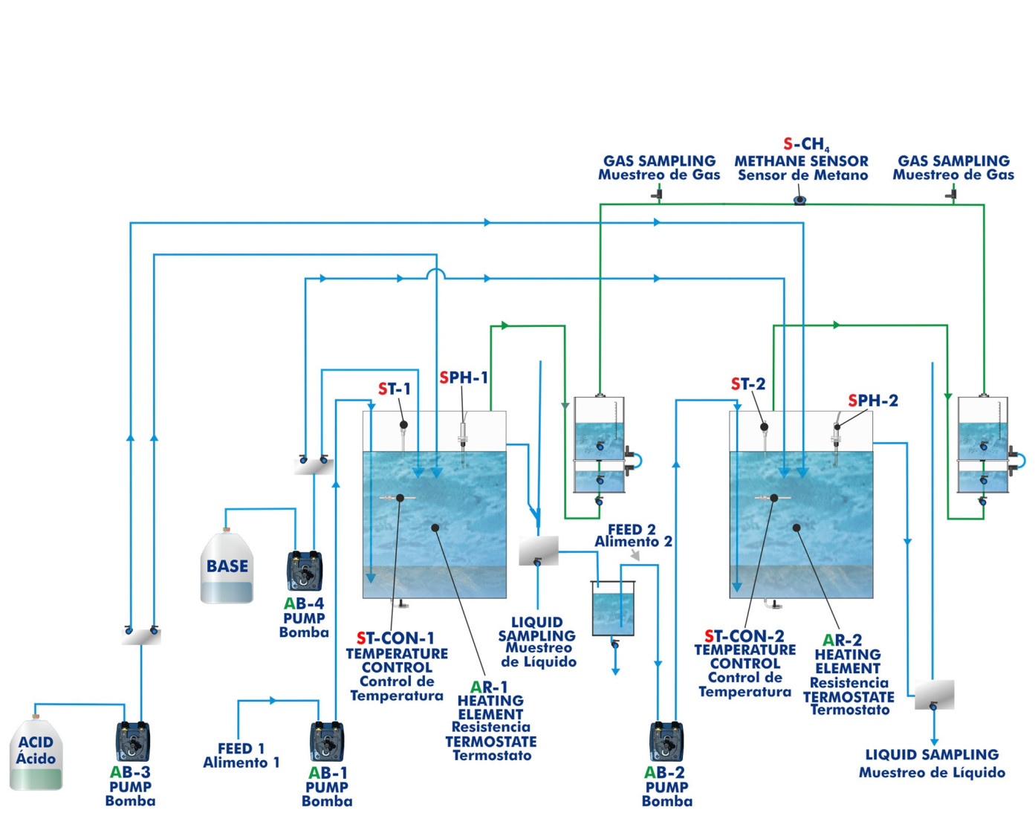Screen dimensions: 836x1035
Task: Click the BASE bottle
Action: click(x=227, y=568)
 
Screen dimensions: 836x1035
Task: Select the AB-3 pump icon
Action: click(x=133, y=742)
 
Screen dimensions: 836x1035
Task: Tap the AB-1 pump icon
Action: click(x=327, y=742)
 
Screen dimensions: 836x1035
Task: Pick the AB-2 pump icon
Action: click(x=666, y=742)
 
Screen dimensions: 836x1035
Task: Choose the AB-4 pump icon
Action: click(x=305, y=571)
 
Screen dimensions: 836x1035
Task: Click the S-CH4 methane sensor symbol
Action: click(x=799, y=199)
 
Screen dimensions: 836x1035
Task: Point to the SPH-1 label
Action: click(x=464, y=378)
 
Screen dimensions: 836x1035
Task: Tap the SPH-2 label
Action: click(x=873, y=401)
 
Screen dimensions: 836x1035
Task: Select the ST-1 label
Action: click(x=394, y=389)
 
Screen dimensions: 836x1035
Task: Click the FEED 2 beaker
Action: click(x=613, y=609)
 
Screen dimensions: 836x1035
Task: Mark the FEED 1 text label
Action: click(x=241, y=755)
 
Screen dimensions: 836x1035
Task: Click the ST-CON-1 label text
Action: click(x=395, y=638)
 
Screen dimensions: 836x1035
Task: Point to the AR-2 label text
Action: click(x=842, y=640)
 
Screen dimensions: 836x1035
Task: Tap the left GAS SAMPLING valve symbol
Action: click(x=658, y=195)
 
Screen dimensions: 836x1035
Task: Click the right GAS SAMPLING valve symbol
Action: click(x=952, y=195)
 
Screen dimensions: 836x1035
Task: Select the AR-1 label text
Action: click(x=489, y=687)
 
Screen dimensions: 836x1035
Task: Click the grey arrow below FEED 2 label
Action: click(x=635, y=555)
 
